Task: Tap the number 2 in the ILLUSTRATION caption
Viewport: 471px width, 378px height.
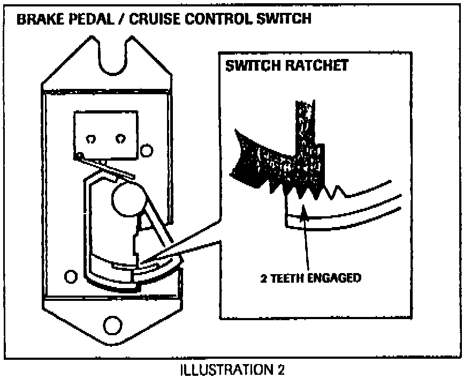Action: coord(281,369)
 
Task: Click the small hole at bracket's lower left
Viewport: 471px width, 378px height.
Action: coord(70,276)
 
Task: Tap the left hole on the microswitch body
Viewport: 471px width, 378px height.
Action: coord(92,138)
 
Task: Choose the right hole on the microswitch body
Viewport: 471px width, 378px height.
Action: coord(119,138)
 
